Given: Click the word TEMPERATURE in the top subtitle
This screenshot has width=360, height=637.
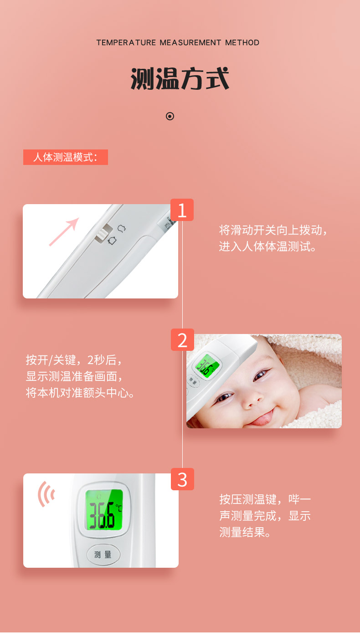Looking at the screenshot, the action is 126,43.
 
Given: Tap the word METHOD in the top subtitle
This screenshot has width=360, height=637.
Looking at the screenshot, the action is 242,43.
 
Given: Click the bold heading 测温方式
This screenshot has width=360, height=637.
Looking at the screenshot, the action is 180,78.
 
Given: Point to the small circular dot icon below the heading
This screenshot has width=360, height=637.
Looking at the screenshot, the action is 170,116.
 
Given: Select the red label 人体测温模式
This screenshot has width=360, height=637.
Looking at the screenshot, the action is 66,157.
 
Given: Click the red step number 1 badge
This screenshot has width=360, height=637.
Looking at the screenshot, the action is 182,210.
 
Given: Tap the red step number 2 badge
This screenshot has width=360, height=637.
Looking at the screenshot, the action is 182,340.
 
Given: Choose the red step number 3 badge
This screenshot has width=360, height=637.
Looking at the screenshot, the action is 182,479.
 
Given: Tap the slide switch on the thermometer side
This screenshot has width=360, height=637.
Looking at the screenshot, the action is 103,234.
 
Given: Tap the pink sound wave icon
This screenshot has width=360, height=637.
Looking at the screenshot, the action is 46,494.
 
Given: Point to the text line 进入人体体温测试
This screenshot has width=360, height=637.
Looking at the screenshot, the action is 267,247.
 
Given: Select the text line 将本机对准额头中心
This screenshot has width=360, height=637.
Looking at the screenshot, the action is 80,393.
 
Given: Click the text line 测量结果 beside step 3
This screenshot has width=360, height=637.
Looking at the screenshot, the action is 245,532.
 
